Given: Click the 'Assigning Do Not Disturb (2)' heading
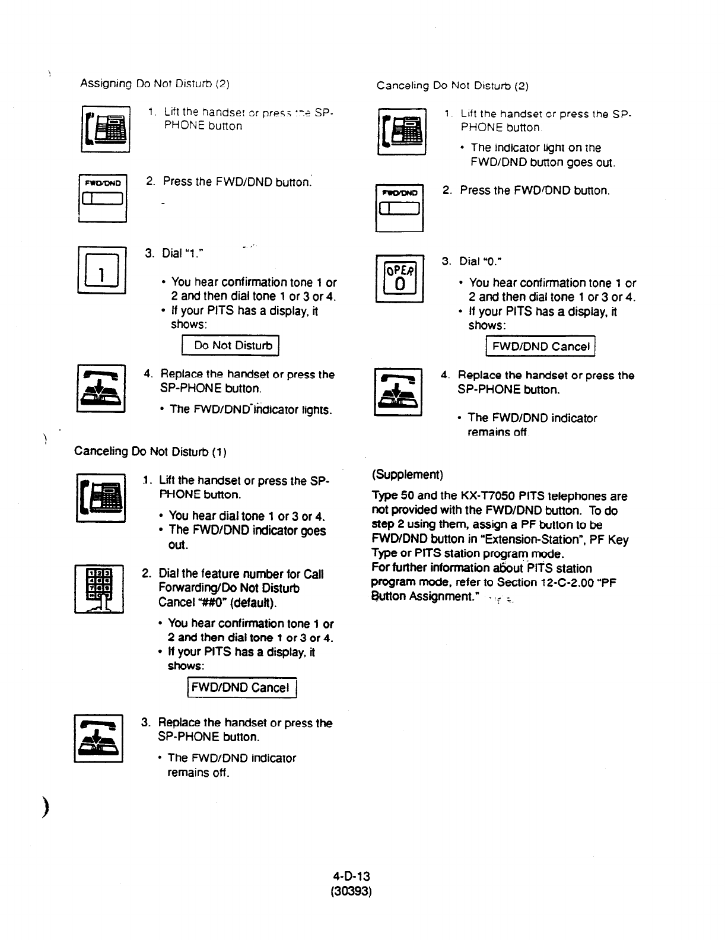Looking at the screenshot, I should [155, 84].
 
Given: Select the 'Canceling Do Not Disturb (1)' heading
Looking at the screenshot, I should [150, 452].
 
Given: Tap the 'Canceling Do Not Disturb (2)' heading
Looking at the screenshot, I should [452, 85].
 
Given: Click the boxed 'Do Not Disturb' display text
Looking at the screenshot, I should [230, 345].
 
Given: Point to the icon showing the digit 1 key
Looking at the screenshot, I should [101, 269].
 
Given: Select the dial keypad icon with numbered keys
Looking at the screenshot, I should [99, 589].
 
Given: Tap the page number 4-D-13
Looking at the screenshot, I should [351, 876].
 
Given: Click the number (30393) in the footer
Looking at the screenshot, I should [351, 891].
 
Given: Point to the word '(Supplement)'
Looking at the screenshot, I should [408, 475].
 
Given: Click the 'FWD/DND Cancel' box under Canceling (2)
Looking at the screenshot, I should [540, 347].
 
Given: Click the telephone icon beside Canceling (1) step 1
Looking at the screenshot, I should [101, 497].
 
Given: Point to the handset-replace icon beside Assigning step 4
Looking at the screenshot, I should [101, 388].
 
